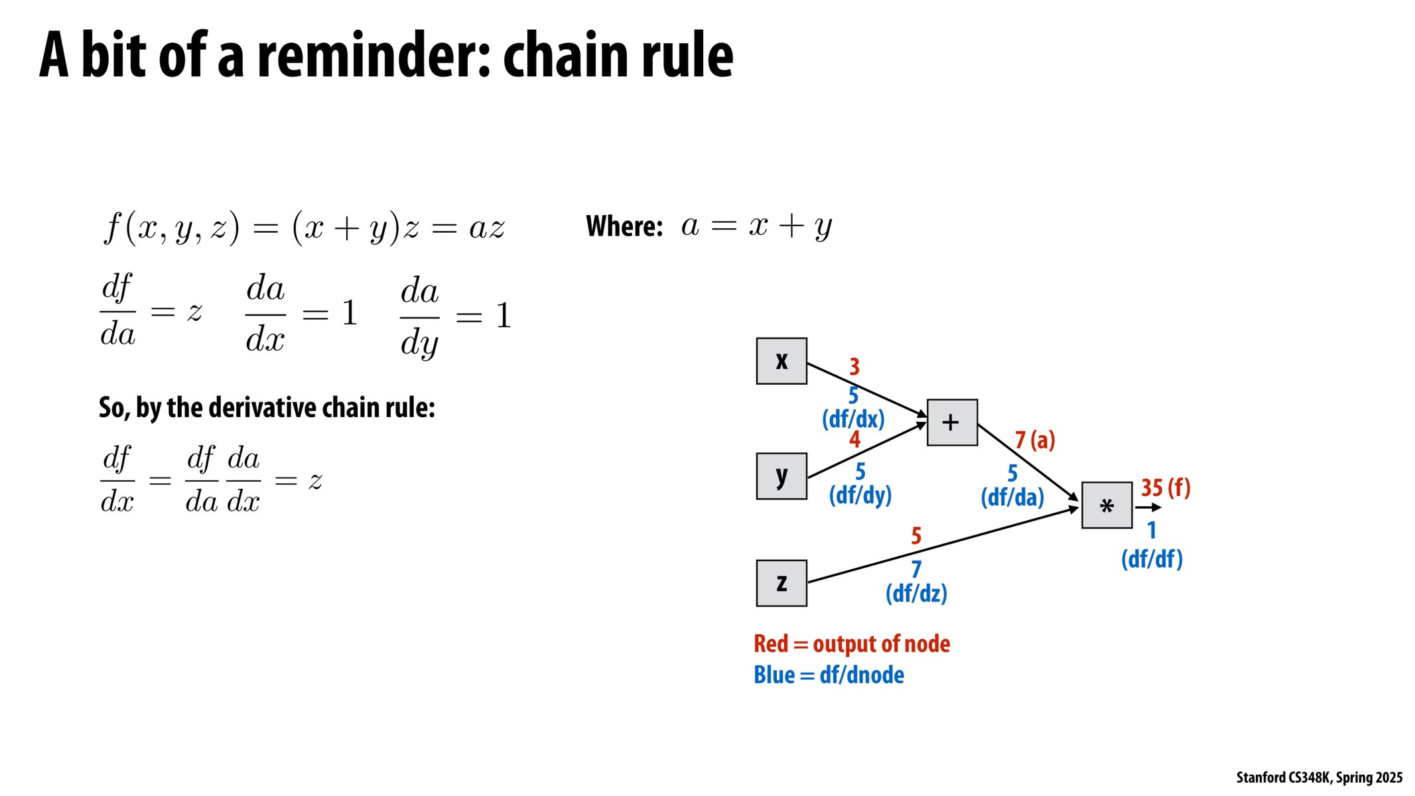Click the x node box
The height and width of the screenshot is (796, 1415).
781,361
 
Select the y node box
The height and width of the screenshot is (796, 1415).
781,476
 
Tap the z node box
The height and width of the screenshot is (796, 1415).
781,583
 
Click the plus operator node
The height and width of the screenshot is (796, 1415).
952,423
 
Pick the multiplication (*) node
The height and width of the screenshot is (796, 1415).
1107,505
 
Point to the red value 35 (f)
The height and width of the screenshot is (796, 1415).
1166,488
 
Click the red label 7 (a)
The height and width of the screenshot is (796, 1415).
1035,440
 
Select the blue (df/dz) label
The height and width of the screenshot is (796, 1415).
916,593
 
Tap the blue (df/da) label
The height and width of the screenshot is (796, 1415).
1012,497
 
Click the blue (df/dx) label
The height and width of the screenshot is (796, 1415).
853,419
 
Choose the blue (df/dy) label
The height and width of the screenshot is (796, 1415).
860,496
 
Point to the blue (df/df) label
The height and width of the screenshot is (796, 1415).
1152,559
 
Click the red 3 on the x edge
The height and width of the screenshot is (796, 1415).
854,366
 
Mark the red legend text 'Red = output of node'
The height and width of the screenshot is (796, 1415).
852,644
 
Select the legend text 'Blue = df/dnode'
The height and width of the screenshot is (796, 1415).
829,675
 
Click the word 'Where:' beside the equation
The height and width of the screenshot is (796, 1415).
624,227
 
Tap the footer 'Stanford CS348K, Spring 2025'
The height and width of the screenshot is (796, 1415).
1319,777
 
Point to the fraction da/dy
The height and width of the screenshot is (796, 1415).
419,316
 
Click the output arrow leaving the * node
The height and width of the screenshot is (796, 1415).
1148,508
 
